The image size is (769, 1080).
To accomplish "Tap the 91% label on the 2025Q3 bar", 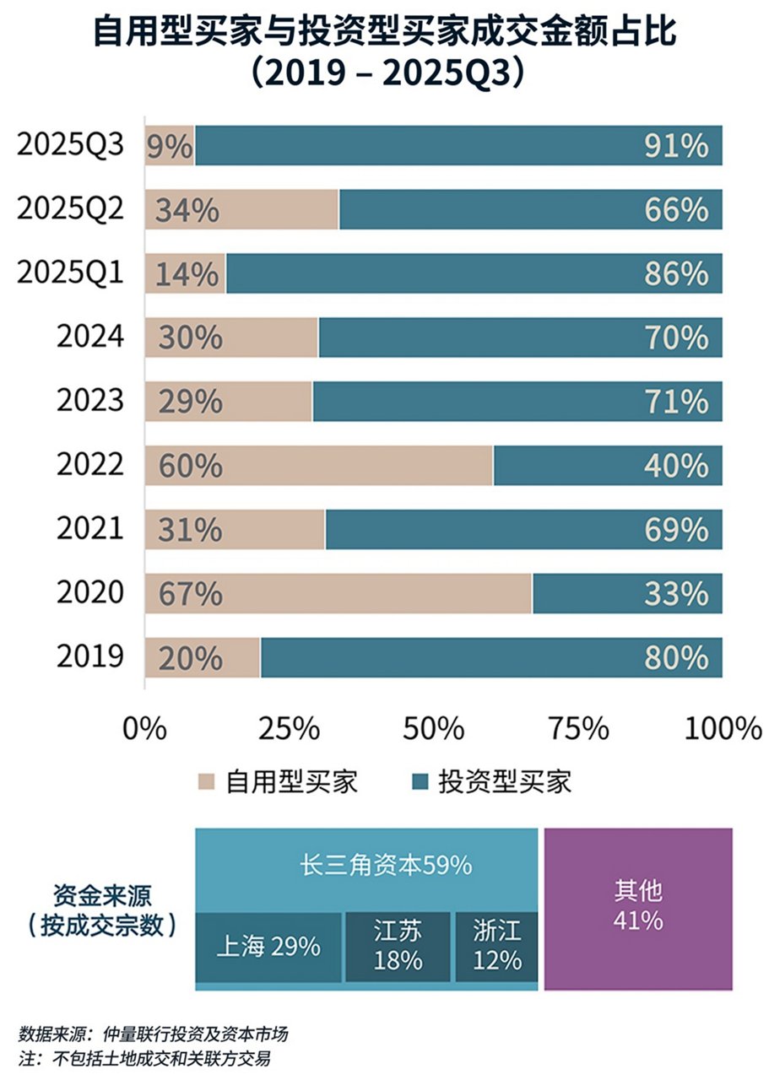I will tap(676, 146).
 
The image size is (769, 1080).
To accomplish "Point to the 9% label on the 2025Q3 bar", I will tap(170, 146).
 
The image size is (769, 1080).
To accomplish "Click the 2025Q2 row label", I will tap(71, 209).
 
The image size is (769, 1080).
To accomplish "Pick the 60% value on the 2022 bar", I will tap(183, 466).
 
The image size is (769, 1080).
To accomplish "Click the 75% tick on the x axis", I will tap(578, 728).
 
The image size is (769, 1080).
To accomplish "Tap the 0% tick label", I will tap(144, 728).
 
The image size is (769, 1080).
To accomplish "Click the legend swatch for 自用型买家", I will tap(206, 781).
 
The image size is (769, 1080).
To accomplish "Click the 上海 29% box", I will tap(268, 947).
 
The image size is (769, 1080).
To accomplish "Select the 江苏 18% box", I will tap(398, 947).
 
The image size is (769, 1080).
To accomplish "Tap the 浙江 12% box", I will tap(497, 947).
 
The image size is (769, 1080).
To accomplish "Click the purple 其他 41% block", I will tap(637, 908).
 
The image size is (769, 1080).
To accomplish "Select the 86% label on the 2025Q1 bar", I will tap(676, 274).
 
